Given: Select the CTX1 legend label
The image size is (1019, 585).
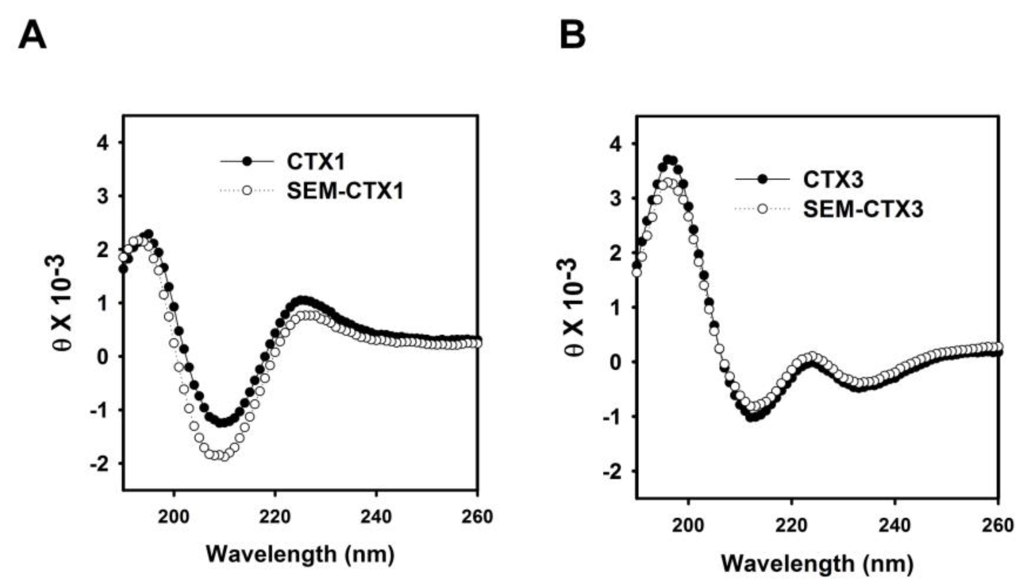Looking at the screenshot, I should pos(316,162).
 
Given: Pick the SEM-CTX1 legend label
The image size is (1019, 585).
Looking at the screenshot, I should pos(345,191).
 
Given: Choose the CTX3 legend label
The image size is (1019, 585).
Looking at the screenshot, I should pos(833,179).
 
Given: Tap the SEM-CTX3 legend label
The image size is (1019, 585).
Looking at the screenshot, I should pos(863,210).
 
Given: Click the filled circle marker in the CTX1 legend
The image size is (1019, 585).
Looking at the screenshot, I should pos(247,162).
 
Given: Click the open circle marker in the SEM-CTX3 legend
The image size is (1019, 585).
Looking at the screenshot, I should pos(763,209).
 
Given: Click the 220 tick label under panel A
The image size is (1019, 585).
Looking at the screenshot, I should pos(275,516).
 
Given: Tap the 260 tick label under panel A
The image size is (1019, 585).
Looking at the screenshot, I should pos(477,516).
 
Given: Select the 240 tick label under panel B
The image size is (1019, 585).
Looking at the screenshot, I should pos(895,525).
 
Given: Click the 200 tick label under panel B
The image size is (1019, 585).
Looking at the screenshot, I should pos(689,525).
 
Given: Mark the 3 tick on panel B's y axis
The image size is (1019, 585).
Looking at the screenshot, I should pos(618,198).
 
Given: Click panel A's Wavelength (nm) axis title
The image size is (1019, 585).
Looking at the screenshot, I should pos(300,554).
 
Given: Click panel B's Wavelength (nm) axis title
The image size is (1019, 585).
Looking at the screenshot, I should pos(817,563).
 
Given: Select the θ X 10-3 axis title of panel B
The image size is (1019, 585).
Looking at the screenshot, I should pos(575,307).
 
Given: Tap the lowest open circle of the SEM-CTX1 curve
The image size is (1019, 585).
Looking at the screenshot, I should pos(224,456).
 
